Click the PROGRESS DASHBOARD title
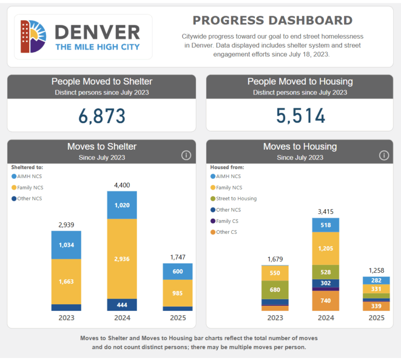click(x=273, y=20)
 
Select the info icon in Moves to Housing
click(x=384, y=155)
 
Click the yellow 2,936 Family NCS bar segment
click(x=122, y=258)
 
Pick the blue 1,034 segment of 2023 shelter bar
click(x=66, y=245)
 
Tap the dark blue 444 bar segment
click(x=122, y=305)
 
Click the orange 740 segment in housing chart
click(x=326, y=301)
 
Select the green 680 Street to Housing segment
click(x=275, y=290)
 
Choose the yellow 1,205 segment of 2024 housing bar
click(x=326, y=248)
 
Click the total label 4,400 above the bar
click(x=122, y=185)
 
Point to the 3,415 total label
click(x=326, y=211)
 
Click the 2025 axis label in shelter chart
click(x=178, y=318)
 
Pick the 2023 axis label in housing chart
click(x=275, y=318)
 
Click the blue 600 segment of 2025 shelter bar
click(x=178, y=271)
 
